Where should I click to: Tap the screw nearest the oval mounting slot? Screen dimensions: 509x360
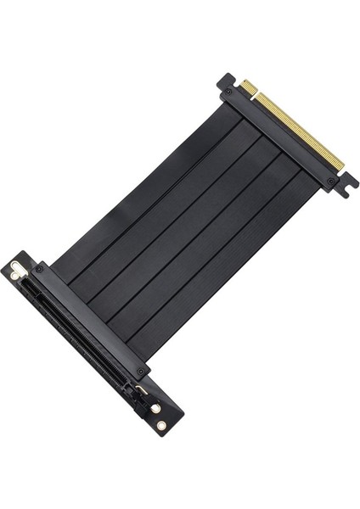(38, 269)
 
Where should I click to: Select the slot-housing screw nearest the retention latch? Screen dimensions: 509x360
(140, 371)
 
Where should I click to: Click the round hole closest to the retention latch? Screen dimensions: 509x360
(155, 408)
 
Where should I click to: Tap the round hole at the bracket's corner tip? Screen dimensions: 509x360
(161, 425)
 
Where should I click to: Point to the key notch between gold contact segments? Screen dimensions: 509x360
(256, 92)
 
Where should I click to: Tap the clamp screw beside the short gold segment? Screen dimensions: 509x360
(228, 92)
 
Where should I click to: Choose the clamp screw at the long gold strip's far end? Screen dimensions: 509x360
(331, 181)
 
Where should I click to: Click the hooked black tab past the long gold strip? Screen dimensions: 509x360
(346, 183)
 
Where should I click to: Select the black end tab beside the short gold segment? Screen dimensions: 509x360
(226, 81)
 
